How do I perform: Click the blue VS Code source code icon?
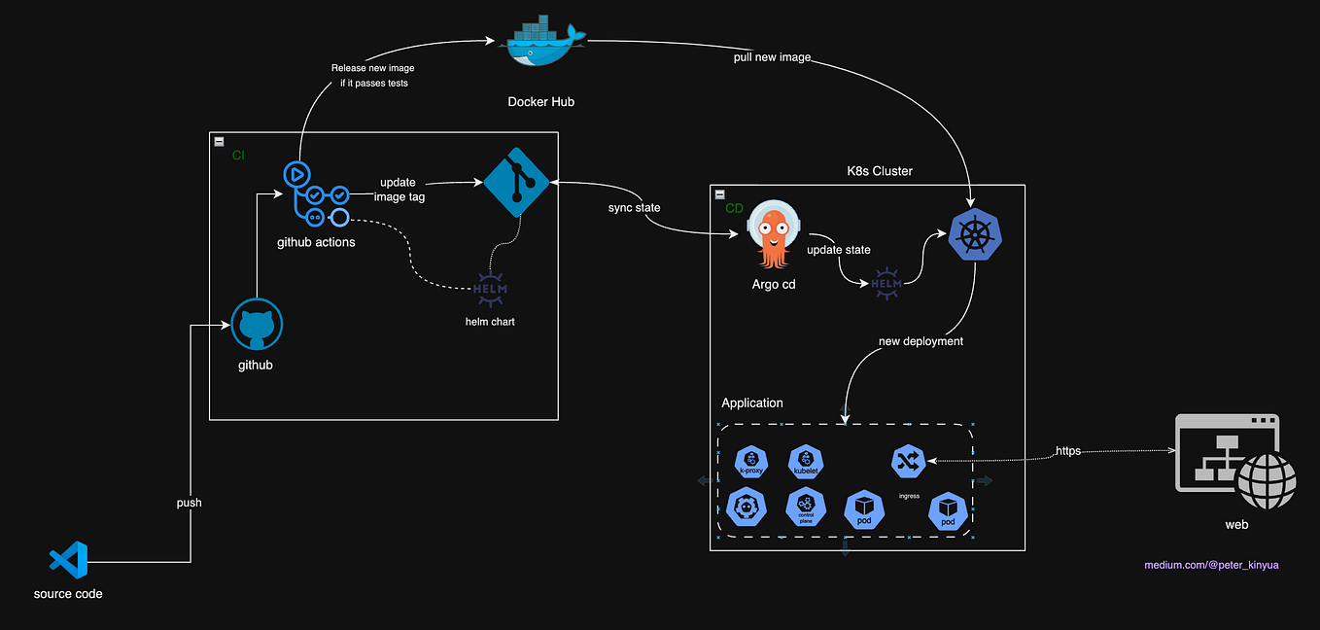point(68,560)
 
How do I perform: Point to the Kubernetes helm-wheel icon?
point(975,234)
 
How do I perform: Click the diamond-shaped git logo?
point(516,182)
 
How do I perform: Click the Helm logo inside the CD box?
point(886,283)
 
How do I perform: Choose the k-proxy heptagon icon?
point(751,461)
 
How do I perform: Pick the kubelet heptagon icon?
point(806,461)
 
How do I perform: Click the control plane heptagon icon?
point(805,506)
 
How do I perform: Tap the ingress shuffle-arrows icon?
point(908,461)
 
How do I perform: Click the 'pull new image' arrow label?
point(772,57)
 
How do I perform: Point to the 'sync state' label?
point(635,208)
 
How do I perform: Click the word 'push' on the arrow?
point(189,503)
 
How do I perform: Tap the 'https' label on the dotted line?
point(1068,451)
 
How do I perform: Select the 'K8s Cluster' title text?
point(880,171)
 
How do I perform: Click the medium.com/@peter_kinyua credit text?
point(1211,565)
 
